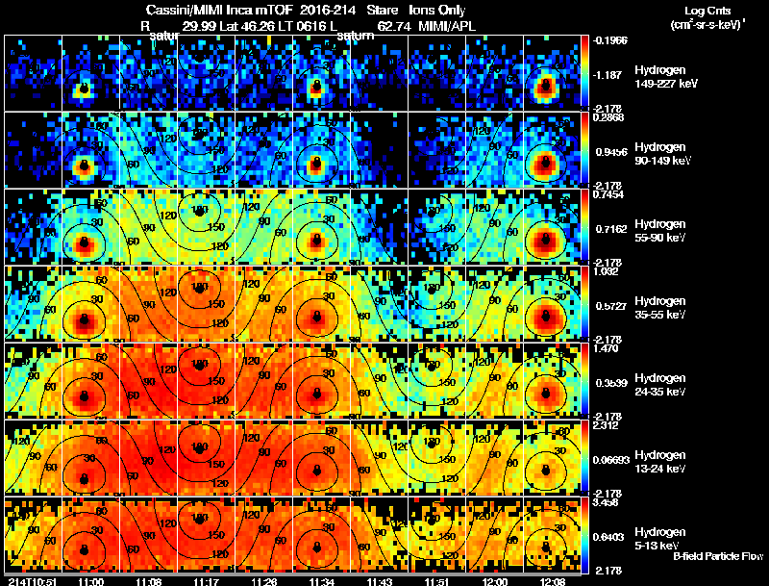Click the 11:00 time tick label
pyautogui.click(x=91, y=580)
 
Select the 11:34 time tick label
pyautogui.click(x=316, y=580)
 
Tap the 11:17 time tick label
pyautogui.click(x=205, y=580)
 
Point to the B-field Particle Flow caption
pyautogui.click(x=718, y=556)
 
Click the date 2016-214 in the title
pyautogui.click(x=311, y=11)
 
